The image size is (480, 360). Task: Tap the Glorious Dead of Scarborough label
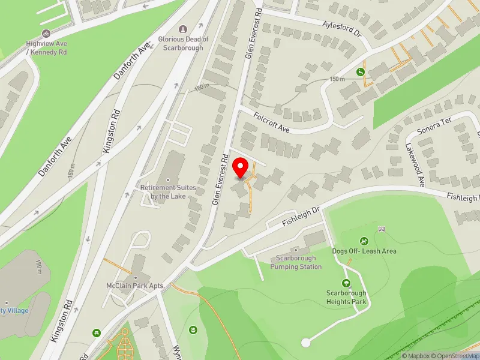click(183, 43)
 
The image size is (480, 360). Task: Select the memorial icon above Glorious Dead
click(183, 29)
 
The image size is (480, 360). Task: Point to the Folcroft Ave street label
click(271, 121)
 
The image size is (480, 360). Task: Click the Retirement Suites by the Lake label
click(168, 191)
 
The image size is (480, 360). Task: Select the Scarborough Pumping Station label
click(295, 262)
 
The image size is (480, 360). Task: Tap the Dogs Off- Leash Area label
click(364, 251)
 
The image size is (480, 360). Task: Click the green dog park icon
click(364, 241)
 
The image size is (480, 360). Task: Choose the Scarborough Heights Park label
click(346, 297)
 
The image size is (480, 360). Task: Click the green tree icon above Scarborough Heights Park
click(346, 283)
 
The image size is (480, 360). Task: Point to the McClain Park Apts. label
click(136, 286)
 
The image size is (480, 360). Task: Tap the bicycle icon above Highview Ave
click(45, 34)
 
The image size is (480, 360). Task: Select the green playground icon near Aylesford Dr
click(361, 72)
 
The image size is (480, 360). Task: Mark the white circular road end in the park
click(306, 343)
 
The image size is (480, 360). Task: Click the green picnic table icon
click(96, 332)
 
